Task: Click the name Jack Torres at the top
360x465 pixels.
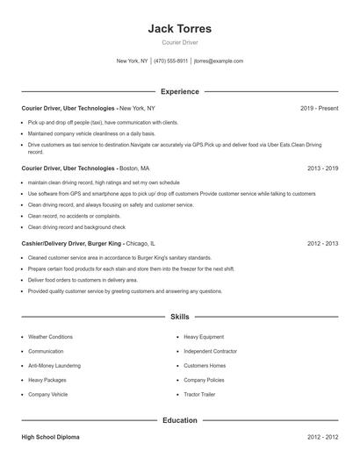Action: point(179,28)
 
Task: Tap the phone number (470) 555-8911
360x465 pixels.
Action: point(171,61)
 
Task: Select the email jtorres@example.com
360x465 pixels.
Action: point(218,61)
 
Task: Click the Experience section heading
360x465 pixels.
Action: point(179,91)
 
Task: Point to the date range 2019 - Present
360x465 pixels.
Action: point(319,108)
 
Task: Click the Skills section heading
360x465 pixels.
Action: point(179,316)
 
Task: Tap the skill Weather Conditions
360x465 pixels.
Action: point(50,337)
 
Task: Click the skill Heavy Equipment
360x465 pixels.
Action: point(204,337)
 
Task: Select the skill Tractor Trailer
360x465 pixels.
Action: point(201,395)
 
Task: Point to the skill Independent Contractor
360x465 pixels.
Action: point(211,351)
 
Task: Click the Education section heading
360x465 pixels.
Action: point(179,420)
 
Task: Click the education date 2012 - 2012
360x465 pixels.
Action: point(322,436)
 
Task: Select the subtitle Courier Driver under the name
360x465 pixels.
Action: point(179,42)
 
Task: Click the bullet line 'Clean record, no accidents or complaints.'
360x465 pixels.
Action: point(74,215)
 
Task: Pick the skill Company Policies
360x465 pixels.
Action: point(204,380)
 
